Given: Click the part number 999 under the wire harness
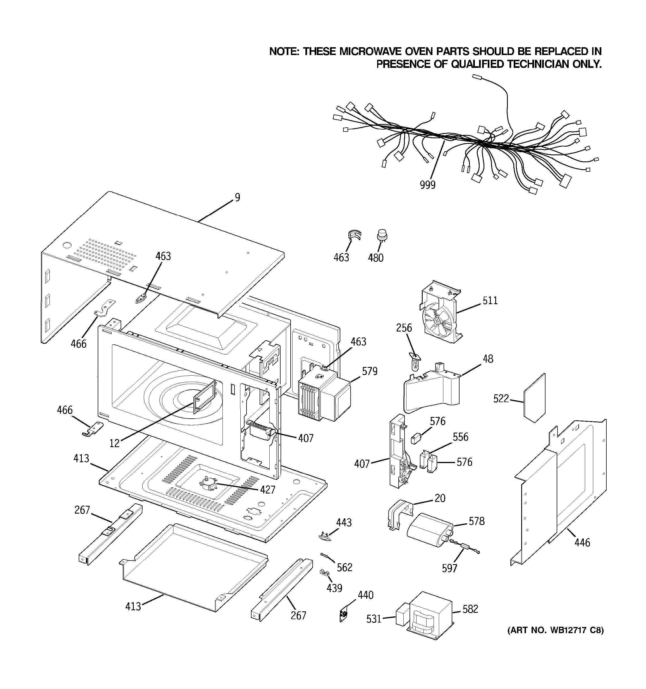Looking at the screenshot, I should point(427,185).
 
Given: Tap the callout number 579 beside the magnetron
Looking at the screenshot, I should point(370,371).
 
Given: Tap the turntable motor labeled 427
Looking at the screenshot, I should point(208,483).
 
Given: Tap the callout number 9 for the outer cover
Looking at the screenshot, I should point(237,197).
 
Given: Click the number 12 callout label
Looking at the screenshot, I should point(114,443).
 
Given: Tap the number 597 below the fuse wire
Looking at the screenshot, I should point(449,568).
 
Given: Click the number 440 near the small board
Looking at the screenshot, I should point(365,595).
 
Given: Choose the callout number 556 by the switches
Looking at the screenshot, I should point(460,437).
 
